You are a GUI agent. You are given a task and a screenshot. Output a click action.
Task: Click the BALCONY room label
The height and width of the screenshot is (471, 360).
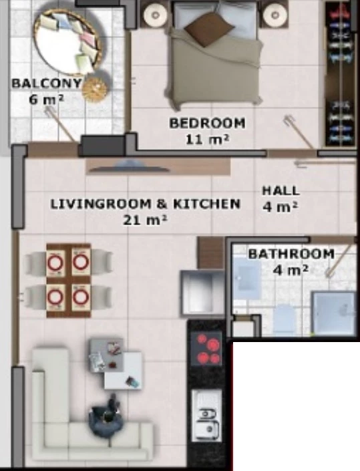pyautogui.click(x=47, y=83)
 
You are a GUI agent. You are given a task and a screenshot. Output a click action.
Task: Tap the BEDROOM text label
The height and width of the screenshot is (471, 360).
pyautogui.click(x=207, y=123)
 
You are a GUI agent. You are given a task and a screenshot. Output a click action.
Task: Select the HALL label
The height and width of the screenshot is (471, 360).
pyautogui.click(x=281, y=191)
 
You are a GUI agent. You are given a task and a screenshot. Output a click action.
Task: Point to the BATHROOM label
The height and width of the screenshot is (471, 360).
pyautogui.click(x=291, y=254)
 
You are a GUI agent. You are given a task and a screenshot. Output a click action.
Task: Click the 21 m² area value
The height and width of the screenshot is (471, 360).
pyautogui.click(x=145, y=220)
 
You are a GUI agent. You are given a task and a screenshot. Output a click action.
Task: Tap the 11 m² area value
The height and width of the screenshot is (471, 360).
pyautogui.click(x=207, y=140)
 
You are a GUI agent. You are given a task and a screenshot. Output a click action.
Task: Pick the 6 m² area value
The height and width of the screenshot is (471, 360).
pyautogui.click(x=47, y=99)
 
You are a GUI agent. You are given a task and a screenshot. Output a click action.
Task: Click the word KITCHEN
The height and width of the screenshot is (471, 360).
pyautogui.click(x=207, y=204)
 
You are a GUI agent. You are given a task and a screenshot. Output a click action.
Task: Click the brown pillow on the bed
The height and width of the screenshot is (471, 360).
pyautogui.click(x=209, y=29)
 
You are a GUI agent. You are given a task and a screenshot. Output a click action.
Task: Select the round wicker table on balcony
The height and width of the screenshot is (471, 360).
pyautogui.click(x=95, y=89)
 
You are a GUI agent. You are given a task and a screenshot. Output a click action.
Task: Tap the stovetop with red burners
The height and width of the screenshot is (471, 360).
pyautogui.click(x=206, y=349)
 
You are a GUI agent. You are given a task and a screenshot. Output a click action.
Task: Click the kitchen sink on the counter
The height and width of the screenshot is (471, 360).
pyautogui.click(x=206, y=416)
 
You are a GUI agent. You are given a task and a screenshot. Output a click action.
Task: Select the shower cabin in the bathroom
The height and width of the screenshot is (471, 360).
pyautogui.click(x=333, y=313)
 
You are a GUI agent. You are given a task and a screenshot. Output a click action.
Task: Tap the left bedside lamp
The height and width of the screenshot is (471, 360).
pyautogui.click(x=155, y=15)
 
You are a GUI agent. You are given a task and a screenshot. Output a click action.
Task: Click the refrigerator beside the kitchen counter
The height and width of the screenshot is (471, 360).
pyautogui.click(x=202, y=293)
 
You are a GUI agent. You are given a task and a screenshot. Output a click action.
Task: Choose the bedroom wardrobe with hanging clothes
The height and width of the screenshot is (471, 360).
pyautogui.click(x=340, y=74)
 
